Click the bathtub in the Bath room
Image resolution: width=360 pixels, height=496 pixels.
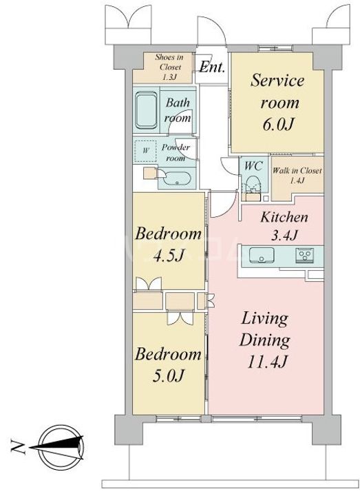(146, 110)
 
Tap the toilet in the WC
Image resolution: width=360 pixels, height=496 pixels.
(253, 185)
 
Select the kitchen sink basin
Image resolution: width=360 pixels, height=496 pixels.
(262, 256)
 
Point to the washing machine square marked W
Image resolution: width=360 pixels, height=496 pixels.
(145, 151)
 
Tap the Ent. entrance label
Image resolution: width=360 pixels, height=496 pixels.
(212, 67)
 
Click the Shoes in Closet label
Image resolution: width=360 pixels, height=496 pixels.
(169, 67)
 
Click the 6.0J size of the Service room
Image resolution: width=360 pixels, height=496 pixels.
(278, 125)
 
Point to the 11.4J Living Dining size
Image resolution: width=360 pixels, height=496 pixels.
(266, 362)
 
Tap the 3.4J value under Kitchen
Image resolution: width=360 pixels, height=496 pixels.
(284, 235)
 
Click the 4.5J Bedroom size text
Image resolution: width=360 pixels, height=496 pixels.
(169, 255)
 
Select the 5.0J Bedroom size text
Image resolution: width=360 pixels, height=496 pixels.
(168, 375)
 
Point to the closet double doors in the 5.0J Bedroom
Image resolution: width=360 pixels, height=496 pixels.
(180, 318)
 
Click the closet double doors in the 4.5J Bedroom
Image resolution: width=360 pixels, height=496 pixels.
(149, 283)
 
